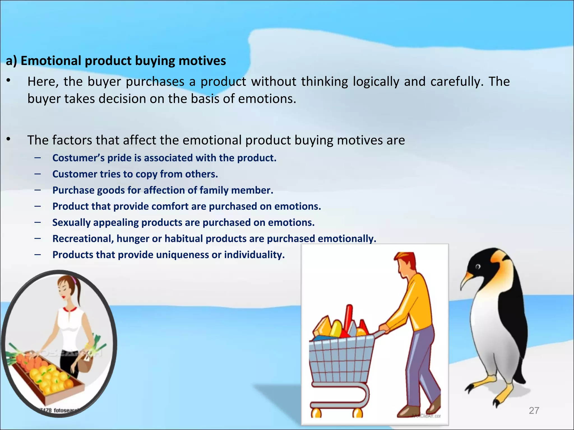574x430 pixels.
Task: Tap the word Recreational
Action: (x=83, y=239)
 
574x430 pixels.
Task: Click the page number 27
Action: (x=534, y=410)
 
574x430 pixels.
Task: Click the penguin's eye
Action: (x=478, y=267)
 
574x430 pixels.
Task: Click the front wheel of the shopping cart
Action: (x=316, y=412)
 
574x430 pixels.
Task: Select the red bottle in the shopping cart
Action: (x=349, y=318)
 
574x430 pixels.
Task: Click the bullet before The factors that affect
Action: (x=9, y=139)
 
